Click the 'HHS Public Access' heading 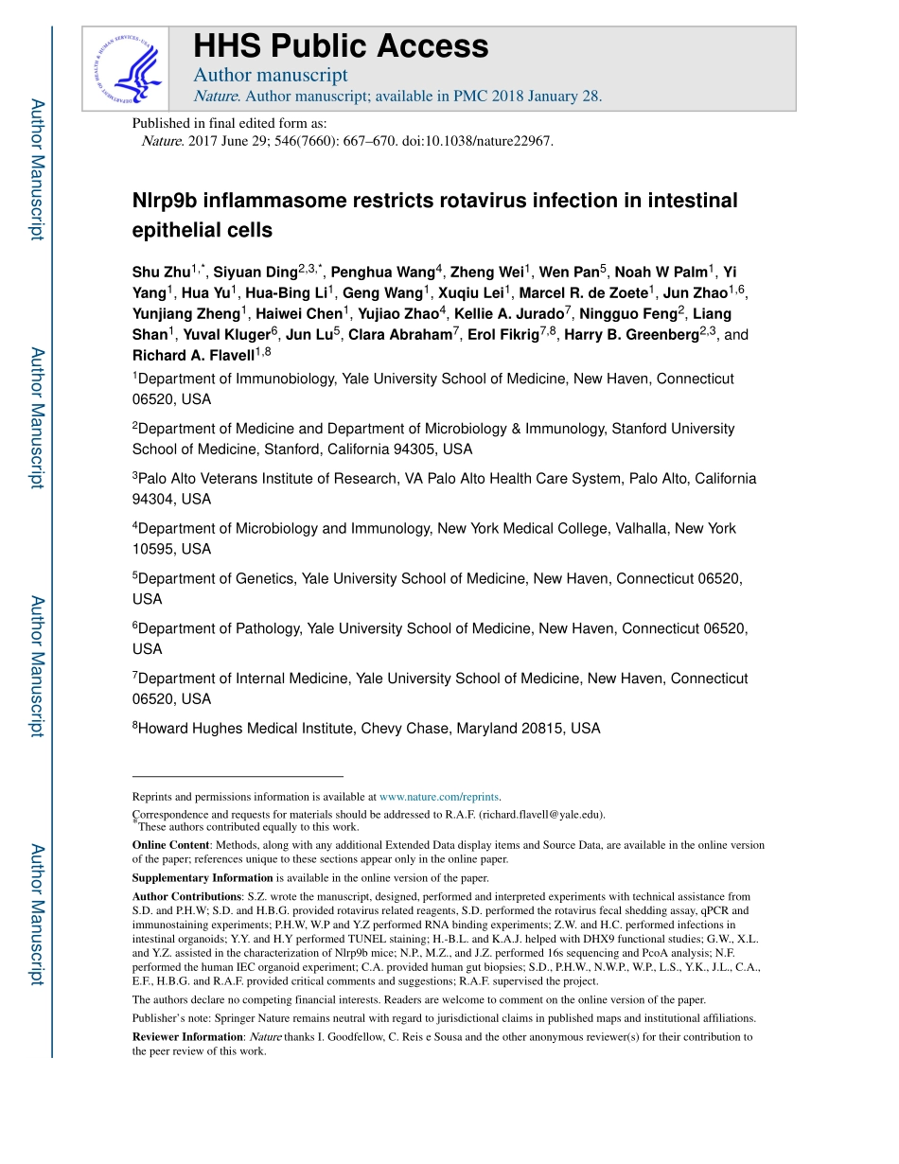[341, 46]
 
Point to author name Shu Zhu [161, 273]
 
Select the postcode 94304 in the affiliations [156, 499]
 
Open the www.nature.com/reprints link [439, 797]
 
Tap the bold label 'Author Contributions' [186, 896]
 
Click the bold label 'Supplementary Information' [203, 878]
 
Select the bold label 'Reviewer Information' [187, 1037]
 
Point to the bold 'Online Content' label [170, 845]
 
